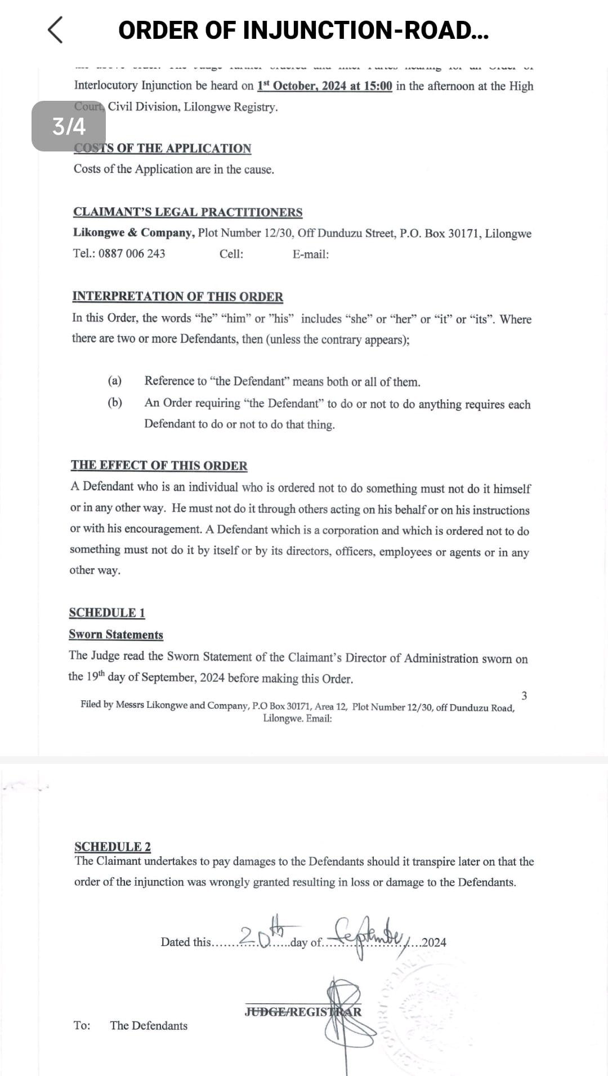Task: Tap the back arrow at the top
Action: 55,30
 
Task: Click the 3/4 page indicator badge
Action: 69,126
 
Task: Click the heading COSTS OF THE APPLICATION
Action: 163,148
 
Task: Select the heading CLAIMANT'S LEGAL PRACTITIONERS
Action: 187,212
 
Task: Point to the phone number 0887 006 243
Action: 132,253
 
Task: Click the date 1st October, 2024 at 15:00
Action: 325,86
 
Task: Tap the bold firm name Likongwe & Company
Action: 133,233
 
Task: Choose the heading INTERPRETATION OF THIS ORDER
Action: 177,297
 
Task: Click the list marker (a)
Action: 115,381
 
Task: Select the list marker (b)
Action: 115,403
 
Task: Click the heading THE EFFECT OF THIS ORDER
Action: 159,466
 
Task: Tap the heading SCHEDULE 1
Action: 107,613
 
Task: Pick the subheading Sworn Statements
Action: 116,635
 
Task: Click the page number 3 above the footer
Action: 524,696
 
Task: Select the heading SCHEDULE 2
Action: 113,846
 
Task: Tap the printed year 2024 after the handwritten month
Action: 434,943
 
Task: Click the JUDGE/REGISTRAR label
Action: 303,1012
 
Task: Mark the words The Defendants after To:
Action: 149,1026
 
